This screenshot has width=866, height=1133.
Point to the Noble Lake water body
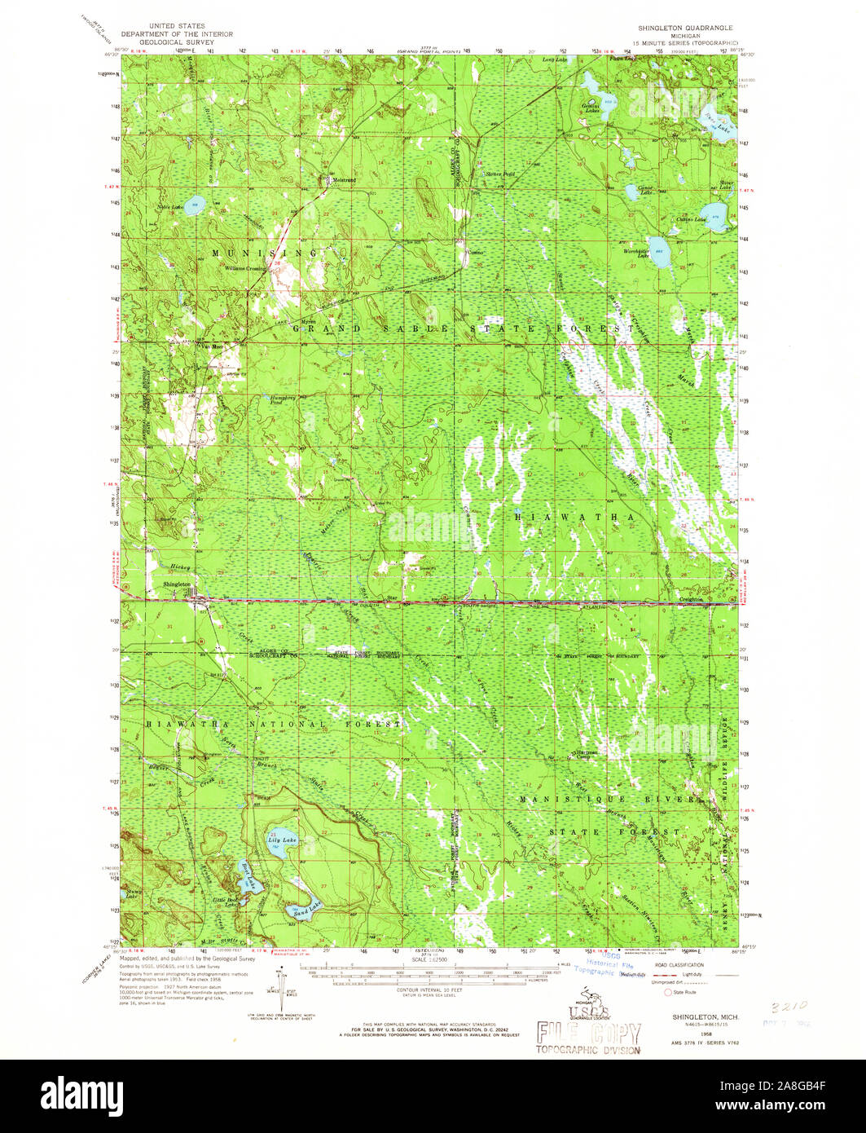coord(194,205)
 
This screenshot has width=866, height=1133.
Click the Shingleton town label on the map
coord(177,584)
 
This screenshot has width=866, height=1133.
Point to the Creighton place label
coord(692,598)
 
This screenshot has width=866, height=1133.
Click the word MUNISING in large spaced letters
coord(265,253)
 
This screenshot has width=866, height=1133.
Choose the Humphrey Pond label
coord(282,400)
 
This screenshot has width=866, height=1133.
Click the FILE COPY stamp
coord(588,1034)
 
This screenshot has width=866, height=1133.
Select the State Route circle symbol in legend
coord(669,993)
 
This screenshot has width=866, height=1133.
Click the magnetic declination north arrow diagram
coord(283,991)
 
